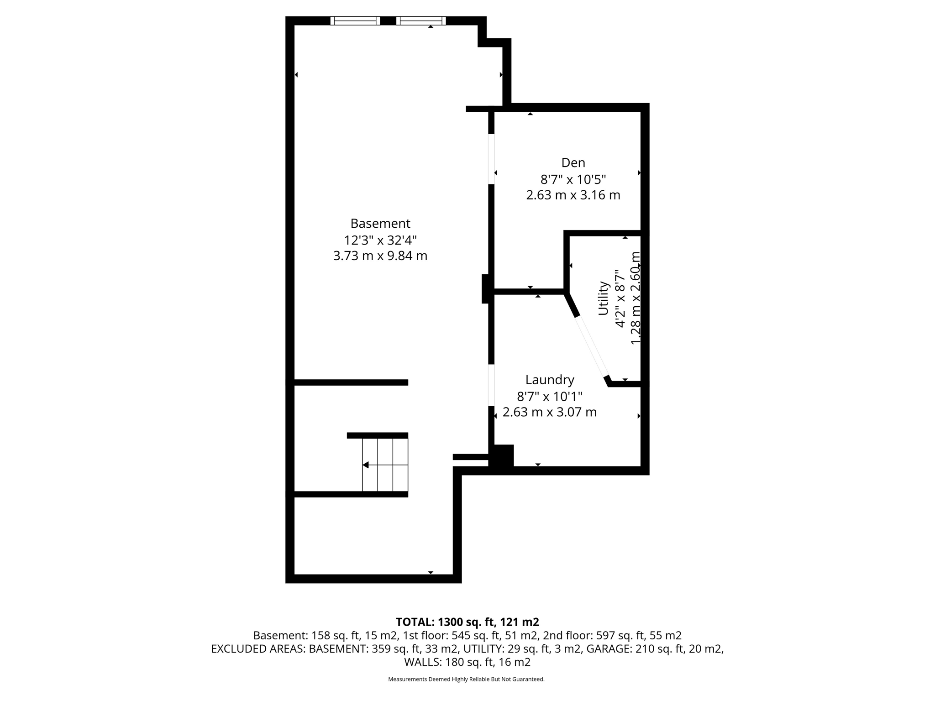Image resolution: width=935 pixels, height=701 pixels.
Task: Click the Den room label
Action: [x=573, y=162]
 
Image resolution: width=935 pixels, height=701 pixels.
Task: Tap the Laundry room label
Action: [x=549, y=380]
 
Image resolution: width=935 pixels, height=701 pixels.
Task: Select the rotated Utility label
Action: [x=604, y=298]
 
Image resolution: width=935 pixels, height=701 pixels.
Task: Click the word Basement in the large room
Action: [x=380, y=223]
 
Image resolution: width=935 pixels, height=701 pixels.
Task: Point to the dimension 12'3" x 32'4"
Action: [x=380, y=240]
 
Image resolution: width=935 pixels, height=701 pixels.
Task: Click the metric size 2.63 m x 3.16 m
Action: [x=573, y=195]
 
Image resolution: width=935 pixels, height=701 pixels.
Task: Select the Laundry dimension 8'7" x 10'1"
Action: [x=549, y=396]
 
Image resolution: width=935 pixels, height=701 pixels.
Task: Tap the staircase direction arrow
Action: [x=366, y=465]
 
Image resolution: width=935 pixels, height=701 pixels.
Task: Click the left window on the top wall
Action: [x=355, y=21]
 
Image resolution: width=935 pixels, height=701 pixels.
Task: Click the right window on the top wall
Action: [x=421, y=21]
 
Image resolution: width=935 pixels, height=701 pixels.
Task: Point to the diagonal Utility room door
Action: [x=592, y=345]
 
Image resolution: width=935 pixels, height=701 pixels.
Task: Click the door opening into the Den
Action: [x=491, y=159]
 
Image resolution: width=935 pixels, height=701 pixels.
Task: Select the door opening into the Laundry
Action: [x=491, y=385]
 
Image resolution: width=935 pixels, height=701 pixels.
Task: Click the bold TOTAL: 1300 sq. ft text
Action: [x=467, y=622]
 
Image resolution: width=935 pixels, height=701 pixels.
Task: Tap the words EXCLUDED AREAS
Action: [x=258, y=649]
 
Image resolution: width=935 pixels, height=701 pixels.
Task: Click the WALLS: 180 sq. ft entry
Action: [x=467, y=662]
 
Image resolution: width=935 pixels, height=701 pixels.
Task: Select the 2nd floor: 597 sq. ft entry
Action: [x=612, y=635]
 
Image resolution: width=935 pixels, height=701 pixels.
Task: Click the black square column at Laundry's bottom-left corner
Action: [x=502, y=455]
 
